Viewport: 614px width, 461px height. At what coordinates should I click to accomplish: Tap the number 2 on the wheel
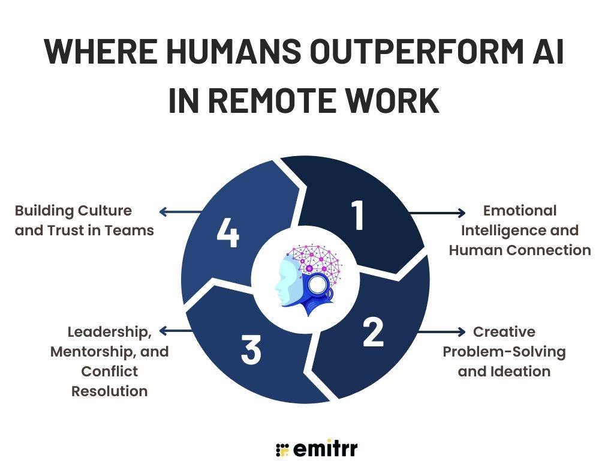(x=373, y=333)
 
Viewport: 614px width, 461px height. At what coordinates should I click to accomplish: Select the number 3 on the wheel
(x=251, y=349)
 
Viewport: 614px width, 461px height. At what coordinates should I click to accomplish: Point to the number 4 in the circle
(x=228, y=233)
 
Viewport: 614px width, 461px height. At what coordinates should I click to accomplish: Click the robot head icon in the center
(x=306, y=280)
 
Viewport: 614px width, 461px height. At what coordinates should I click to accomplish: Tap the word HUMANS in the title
(x=233, y=51)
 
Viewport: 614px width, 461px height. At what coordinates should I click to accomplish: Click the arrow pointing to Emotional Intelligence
(x=437, y=213)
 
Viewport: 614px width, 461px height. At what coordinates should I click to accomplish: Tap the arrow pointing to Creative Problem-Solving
(x=441, y=332)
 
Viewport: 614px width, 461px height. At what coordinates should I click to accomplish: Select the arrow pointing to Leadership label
(x=176, y=331)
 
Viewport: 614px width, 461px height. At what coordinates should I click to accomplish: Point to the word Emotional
(x=520, y=211)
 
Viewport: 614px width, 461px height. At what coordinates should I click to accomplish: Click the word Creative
(x=504, y=331)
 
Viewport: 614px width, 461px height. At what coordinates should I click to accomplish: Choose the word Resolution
(x=109, y=391)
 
